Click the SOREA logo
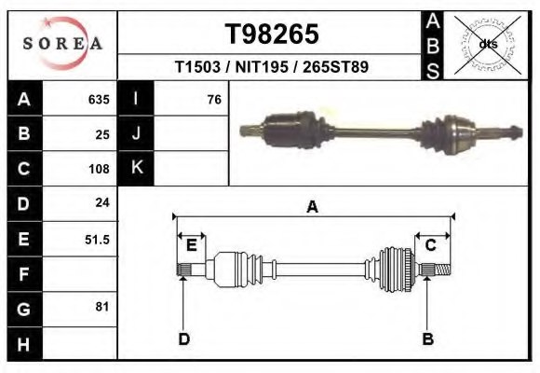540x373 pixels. pyautogui.click(x=62, y=44)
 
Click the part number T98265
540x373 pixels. pyautogui.click(x=272, y=34)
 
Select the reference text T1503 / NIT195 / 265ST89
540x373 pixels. pyautogui.click(x=272, y=68)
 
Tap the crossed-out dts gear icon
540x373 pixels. pyautogui.click(x=488, y=44)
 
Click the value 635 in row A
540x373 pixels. pyautogui.click(x=99, y=100)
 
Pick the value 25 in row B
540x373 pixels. pyautogui.click(x=102, y=134)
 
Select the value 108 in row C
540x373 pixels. pyautogui.click(x=99, y=170)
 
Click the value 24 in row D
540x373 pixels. pyautogui.click(x=102, y=202)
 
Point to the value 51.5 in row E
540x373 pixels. pyautogui.click(x=97, y=239)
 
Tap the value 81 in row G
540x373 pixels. pyautogui.click(x=102, y=307)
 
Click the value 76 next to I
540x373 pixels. pyautogui.click(x=213, y=100)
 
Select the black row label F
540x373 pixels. pyautogui.click(x=23, y=274)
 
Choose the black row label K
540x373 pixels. pyautogui.click(x=136, y=168)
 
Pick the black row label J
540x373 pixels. pyautogui.click(x=136, y=133)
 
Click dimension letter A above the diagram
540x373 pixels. pyautogui.click(x=313, y=207)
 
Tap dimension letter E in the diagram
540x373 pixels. pyautogui.click(x=192, y=245)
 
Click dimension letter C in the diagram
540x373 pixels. pyautogui.click(x=431, y=245)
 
